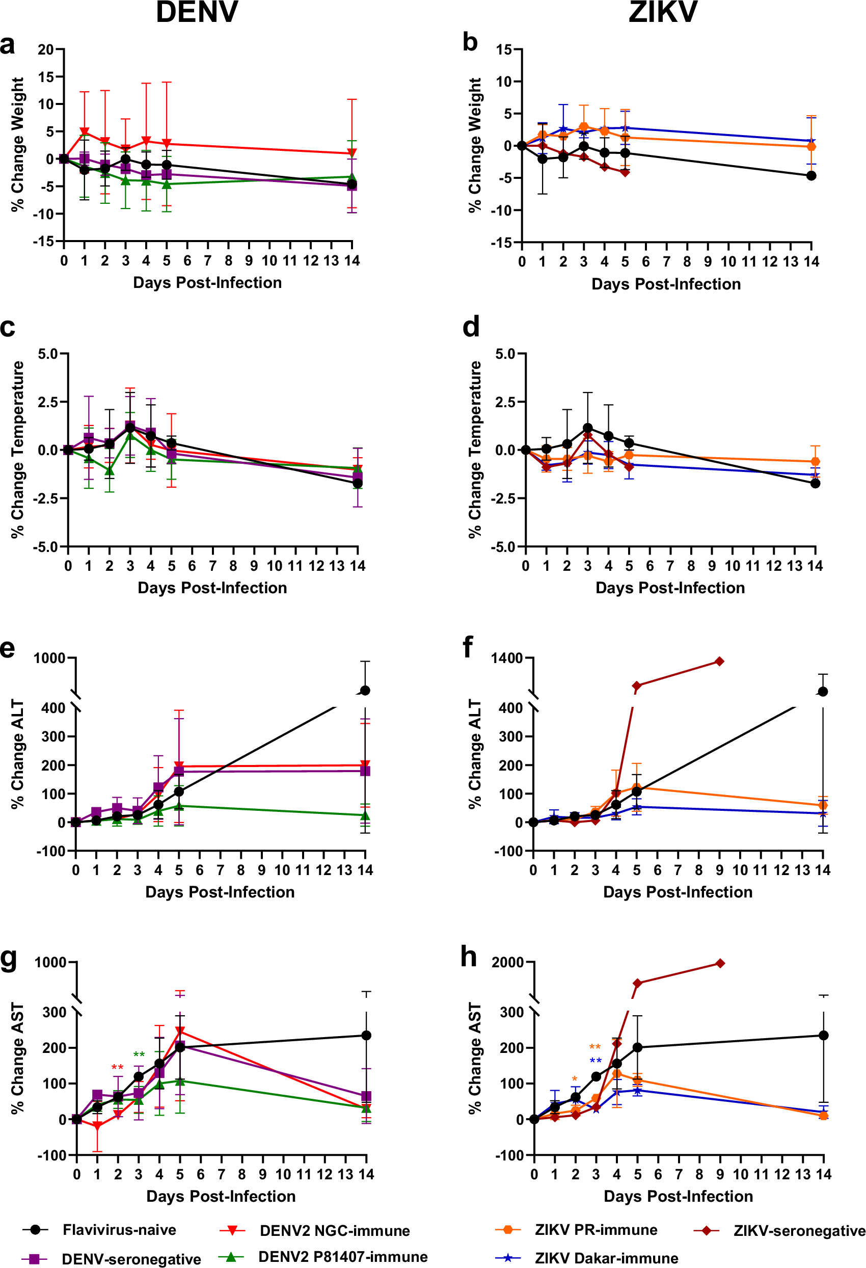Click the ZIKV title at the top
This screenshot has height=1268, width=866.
pyautogui.click(x=663, y=12)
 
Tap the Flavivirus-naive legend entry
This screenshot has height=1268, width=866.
pyautogui.click(x=119, y=1229)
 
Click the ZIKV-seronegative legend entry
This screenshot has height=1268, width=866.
pyautogui.click(x=799, y=1230)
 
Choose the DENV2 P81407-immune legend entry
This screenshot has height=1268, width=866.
pyautogui.click(x=342, y=1257)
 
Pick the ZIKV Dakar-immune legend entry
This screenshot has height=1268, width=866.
pyautogui.click(x=606, y=1258)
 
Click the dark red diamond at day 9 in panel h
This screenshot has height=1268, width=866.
pyautogui.click(x=720, y=963)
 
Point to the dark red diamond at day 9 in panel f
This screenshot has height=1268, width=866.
pyautogui.click(x=719, y=662)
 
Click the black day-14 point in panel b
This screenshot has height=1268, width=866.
pyautogui.click(x=811, y=176)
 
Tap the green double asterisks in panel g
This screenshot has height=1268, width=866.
pyautogui.click(x=139, y=1054)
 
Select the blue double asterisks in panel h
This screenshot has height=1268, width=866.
pyautogui.click(x=596, y=1061)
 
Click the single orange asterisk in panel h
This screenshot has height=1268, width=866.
pyautogui.click(x=574, y=1079)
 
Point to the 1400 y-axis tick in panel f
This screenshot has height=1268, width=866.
pyautogui.click(x=507, y=658)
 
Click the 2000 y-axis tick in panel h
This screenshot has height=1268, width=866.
pyautogui.click(x=507, y=962)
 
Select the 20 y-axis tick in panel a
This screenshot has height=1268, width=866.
pyautogui.click(x=46, y=49)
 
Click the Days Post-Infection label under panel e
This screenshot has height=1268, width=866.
pyautogui.click(x=220, y=891)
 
